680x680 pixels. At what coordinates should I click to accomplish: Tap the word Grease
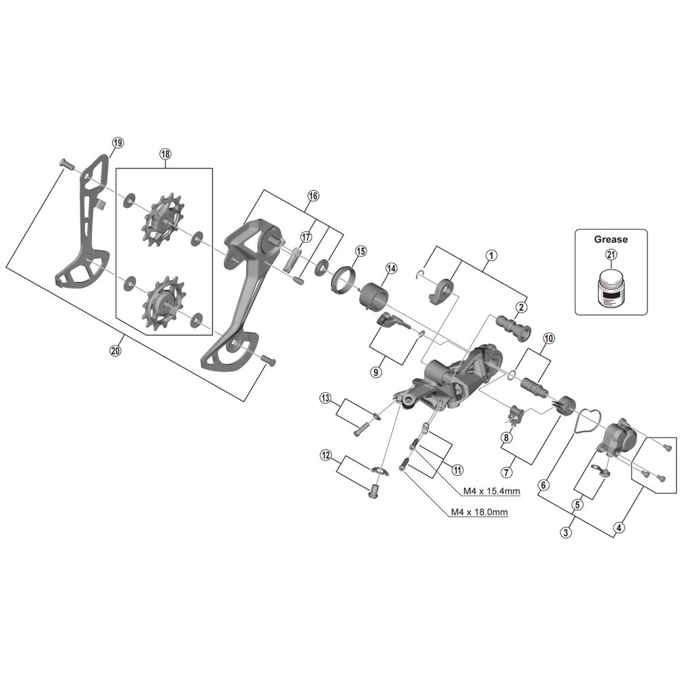[x=611, y=239]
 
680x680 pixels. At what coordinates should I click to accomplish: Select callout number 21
[x=610, y=256]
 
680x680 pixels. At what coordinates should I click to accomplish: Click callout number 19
[x=118, y=143]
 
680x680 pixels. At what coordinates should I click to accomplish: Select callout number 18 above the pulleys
[x=165, y=154]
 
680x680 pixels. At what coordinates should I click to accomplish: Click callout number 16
[x=312, y=196]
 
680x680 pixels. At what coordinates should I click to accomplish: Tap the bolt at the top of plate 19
[x=65, y=163]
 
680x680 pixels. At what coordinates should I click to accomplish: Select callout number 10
[x=548, y=337]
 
